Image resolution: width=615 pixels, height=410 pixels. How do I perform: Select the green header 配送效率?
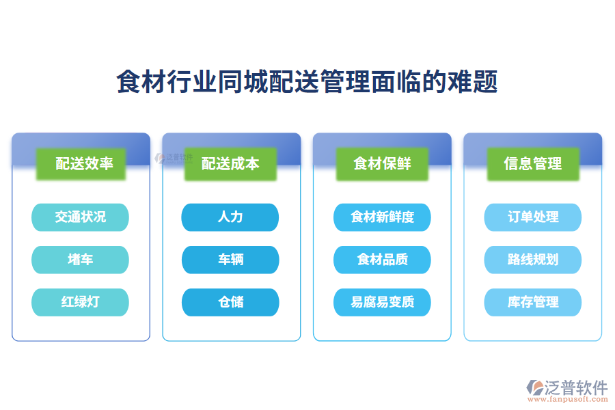pyautogui.click(x=81, y=164)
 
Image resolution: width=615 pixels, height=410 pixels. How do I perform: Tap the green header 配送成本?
pyautogui.click(x=230, y=164)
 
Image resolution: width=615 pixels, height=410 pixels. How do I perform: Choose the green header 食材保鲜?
pyautogui.click(x=382, y=164)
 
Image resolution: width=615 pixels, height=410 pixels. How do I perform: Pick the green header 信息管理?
pyautogui.click(x=532, y=164)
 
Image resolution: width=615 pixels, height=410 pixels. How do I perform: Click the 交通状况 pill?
pyautogui.click(x=80, y=217)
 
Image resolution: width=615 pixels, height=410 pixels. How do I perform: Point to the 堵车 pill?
pyautogui.click(x=80, y=260)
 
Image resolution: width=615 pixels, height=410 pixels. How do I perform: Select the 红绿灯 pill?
pyautogui.click(x=80, y=302)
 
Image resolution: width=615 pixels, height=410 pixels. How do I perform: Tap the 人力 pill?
pyautogui.click(x=230, y=217)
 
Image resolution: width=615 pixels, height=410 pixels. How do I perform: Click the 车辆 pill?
pyautogui.click(x=230, y=260)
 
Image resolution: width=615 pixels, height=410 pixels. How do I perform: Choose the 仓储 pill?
pyautogui.click(x=230, y=302)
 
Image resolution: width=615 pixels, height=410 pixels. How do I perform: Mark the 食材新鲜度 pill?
pyautogui.click(x=382, y=217)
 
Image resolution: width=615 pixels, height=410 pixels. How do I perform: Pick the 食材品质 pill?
pyautogui.click(x=382, y=260)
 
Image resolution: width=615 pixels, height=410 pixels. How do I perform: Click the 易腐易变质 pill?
pyautogui.click(x=382, y=302)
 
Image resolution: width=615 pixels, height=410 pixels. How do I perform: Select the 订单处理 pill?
pyautogui.click(x=532, y=217)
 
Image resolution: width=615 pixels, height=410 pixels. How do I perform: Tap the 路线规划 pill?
pyautogui.click(x=532, y=260)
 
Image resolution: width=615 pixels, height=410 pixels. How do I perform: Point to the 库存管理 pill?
pyautogui.click(x=532, y=302)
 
